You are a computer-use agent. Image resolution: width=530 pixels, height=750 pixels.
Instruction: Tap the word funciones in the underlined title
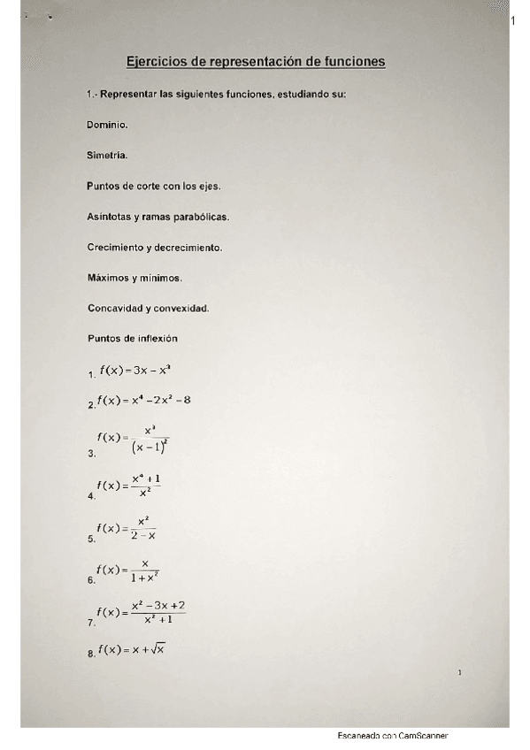[351, 62]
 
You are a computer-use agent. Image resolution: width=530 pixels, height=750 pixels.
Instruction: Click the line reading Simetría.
[107, 155]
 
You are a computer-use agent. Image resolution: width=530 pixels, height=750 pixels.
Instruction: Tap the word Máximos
[108, 278]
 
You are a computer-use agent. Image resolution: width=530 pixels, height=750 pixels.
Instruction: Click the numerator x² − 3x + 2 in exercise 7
[157, 605]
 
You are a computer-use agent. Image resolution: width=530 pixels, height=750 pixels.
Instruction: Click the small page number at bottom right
[460, 674]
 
